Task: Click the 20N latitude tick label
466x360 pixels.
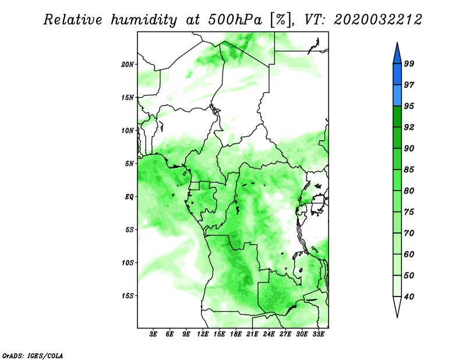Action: [x=128, y=65]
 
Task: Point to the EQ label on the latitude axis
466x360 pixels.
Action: [x=129, y=197]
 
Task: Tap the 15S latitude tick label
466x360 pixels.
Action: [x=128, y=296]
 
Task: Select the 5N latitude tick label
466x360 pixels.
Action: [x=129, y=164]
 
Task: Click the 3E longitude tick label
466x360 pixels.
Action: [x=153, y=334]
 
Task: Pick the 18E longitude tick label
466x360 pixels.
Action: [x=236, y=334]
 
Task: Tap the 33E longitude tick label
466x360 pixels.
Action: [x=318, y=334]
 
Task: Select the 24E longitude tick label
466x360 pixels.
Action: [x=269, y=334]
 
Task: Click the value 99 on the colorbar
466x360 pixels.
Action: [x=409, y=63]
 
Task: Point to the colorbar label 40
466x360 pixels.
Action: [x=409, y=297]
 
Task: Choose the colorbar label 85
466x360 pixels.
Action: [x=409, y=170]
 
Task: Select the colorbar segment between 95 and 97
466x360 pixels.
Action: [x=397, y=96]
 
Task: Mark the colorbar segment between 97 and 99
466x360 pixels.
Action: [x=397, y=75]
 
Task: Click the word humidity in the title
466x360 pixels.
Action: [x=144, y=20]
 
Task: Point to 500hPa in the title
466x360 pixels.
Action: [x=235, y=20]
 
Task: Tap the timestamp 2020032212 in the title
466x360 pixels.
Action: [x=377, y=20]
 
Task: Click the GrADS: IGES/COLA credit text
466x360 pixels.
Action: [x=33, y=356]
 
